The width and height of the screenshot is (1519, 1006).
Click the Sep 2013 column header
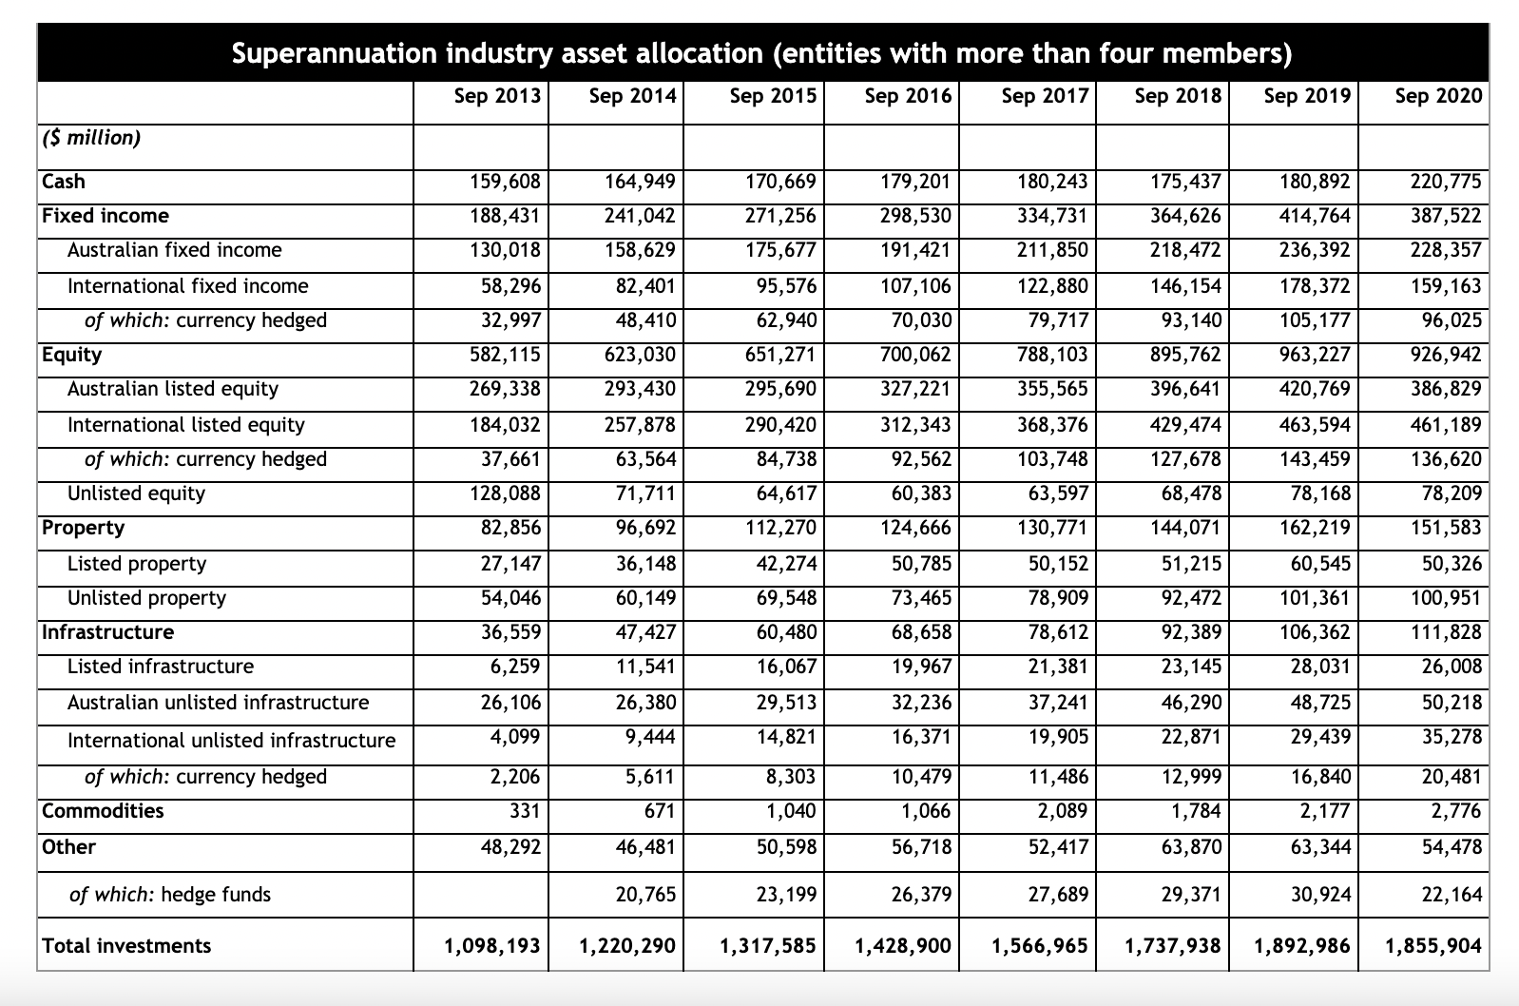click(x=497, y=95)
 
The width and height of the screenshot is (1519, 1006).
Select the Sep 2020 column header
click(x=1438, y=95)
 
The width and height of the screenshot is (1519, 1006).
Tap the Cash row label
click(x=64, y=182)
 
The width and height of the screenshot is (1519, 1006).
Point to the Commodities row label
click(x=103, y=811)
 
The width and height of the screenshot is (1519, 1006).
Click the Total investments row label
click(x=126, y=946)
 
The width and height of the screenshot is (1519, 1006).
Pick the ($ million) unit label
click(x=91, y=138)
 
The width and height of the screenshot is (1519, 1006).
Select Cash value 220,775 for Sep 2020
click(x=1444, y=182)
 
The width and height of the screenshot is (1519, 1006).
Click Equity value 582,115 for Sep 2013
click(x=505, y=355)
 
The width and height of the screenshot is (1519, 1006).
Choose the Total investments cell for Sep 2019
click(x=1302, y=946)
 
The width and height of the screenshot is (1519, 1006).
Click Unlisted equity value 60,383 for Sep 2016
click(x=915, y=493)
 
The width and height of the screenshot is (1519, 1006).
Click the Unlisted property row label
click(x=146, y=598)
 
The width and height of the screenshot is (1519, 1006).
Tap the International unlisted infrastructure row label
click(x=231, y=741)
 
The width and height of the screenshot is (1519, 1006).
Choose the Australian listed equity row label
click(x=173, y=389)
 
